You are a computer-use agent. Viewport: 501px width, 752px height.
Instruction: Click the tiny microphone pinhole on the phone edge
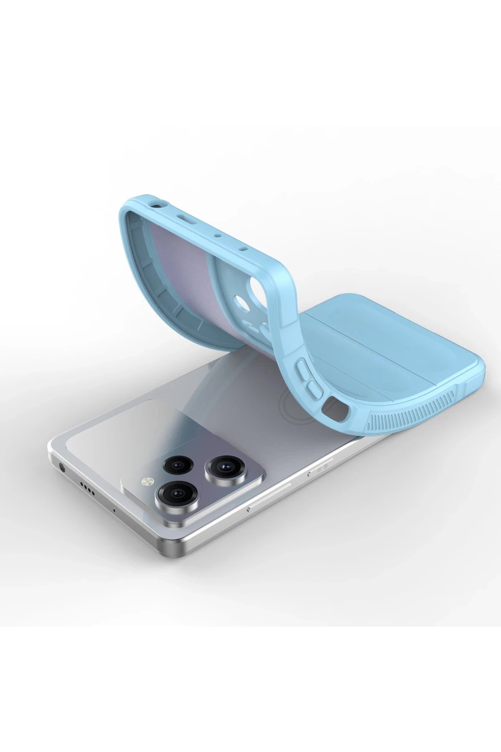114,510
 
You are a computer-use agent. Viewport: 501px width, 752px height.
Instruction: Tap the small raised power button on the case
314,389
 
